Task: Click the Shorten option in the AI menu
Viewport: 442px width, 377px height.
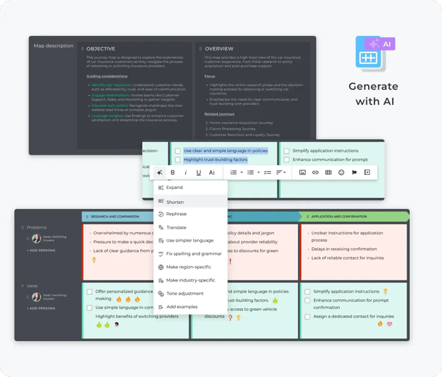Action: pyautogui.click(x=175, y=201)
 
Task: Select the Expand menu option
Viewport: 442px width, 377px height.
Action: pyautogui.click(x=174, y=188)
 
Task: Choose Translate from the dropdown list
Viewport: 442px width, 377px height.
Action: pyautogui.click(x=176, y=227)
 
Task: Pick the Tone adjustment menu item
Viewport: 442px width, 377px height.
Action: pyautogui.click(x=184, y=294)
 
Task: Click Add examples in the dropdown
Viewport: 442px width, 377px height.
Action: pyautogui.click(x=182, y=307)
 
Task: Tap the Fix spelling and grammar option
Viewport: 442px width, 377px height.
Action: pyautogui.click(x=193, y=254)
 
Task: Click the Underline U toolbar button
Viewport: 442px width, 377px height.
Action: pyautogui.click(x=198, y=172)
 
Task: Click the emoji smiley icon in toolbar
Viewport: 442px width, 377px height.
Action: pyautogui.click(x=341, y=172)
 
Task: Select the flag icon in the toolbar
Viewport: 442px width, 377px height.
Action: pyautogui.click(x=354, y=172)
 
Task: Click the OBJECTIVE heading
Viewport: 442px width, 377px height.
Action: pyautogui.click(x=100, y=49)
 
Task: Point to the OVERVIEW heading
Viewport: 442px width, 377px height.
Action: pyautogui.click(x=218, y=49)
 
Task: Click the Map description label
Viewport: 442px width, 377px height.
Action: pyautogui.click(x=53, y=46)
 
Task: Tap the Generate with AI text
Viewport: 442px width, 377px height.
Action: pyautogui.click(x=373, y=93)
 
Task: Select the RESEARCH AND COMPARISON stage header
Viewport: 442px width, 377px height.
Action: pyautogui.click(x=115, y=217)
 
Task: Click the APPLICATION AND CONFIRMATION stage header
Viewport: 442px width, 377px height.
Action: pyautogui.click(x=338, y=217)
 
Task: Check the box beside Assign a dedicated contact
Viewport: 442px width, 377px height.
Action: pyautogui.click(x=307, y=316)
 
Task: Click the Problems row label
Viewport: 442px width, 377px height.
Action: pyautogui.click(x=37, y=227)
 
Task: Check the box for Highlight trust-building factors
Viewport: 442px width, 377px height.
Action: pyautogui.click(x=178, y=160)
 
